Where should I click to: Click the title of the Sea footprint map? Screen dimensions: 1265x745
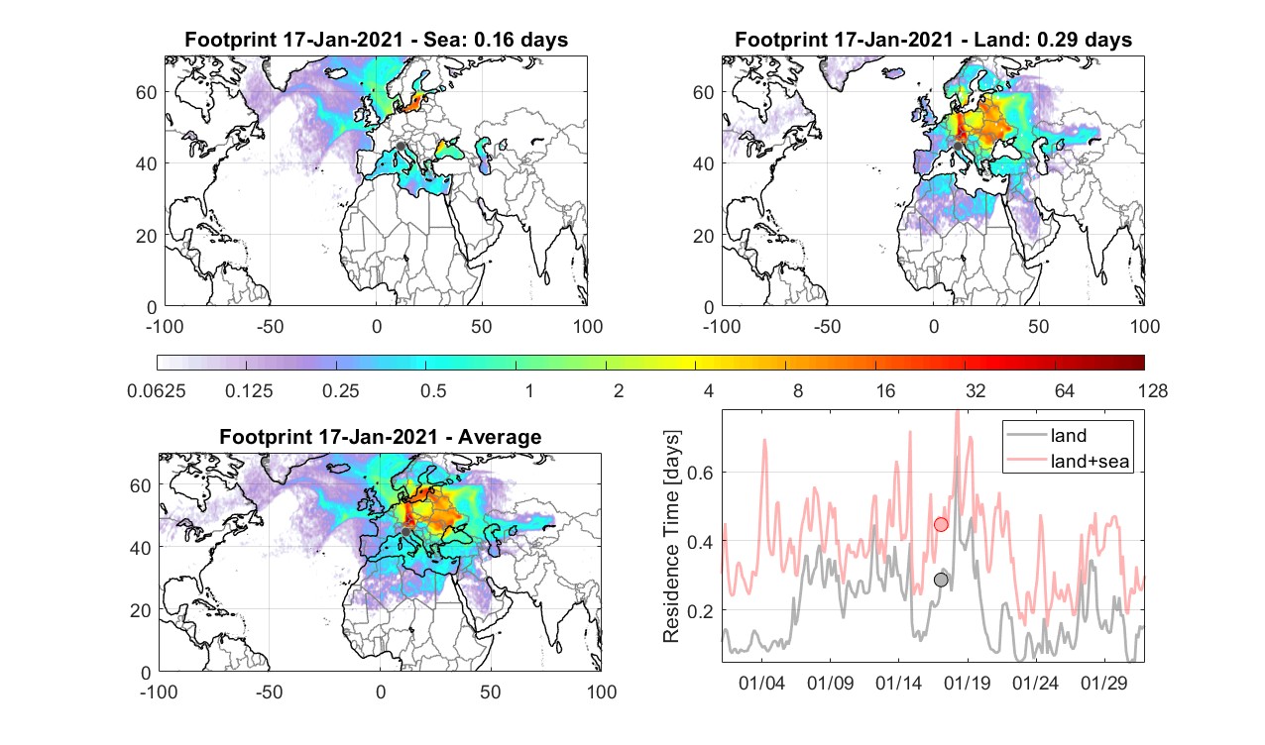point(376,40)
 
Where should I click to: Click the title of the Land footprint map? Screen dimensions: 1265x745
point(934,40)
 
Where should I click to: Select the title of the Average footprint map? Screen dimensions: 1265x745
point(380,437)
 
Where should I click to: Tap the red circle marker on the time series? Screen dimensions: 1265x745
point(941,524)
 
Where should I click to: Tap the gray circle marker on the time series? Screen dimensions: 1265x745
point(941,580)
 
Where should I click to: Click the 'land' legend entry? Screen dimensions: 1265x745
point(1069,435)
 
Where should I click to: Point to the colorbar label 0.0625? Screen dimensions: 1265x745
point(157,390)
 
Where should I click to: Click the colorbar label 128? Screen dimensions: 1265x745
point(1153,390)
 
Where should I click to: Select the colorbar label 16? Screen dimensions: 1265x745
point(885,390)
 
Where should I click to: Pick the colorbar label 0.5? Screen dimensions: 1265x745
point(433,390)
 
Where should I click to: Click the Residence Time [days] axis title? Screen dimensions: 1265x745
point(671,536)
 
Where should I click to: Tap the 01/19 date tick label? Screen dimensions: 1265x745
point(968,683)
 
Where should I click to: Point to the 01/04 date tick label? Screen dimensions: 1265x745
point(761,683)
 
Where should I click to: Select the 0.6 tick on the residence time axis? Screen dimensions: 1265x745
point(701,473)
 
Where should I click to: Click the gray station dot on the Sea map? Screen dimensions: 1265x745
point(401,147)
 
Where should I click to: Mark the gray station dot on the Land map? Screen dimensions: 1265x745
point(958,147)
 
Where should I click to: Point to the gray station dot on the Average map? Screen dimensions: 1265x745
point(405,532)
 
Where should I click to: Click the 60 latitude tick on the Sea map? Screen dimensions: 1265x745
point(147,92)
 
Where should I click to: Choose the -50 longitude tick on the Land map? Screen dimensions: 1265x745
point(828,326)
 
